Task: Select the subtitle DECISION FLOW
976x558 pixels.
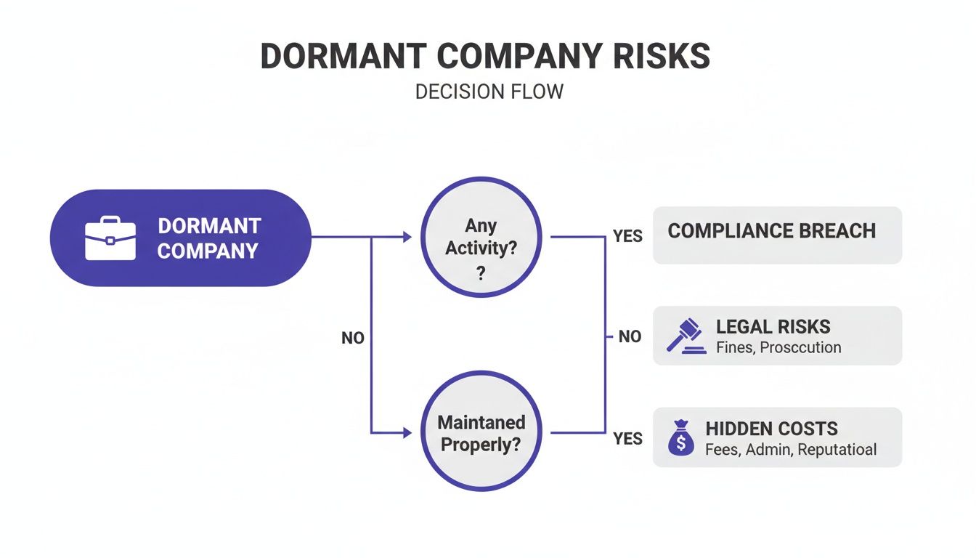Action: pyautogui.click(x=489, y=93)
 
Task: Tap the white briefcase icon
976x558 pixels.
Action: pyautogui.click(x=110, y=238)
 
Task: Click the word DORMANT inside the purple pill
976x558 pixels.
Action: pyautogui.click(x=209, y=225)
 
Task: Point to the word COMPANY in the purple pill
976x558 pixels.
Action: pyautogui.click(x=208, y=251)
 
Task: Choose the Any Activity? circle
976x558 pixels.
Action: pyautogui.click(x=481, y=237)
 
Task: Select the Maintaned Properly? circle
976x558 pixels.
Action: pyautogui.click(x=481, y=432)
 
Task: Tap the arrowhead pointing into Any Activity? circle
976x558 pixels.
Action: pyautogui.click(x=407, y=237)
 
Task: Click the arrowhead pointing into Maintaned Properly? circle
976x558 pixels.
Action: pyautogui.click(x=407, y=433)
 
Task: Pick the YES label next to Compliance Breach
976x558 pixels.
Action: pyautogui.click(x=627, y=237)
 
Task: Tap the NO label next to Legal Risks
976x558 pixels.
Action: pyautogui.click(x=630, y=337)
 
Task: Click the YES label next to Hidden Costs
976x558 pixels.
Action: pyautogui.click(x=627, y=439)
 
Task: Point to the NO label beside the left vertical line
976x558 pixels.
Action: pyautogui.click(x=352, y=339)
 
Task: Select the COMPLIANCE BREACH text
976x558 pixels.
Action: pyautogui.click(x=771, y=232)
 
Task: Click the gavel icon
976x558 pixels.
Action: pyautogui.click(x=686, y=336)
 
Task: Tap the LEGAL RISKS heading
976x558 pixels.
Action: pyautogui.click(x=773, y=327)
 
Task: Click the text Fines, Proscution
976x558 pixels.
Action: pyautogui.click(x=778, y=348)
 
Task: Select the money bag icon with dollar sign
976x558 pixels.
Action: pyautogui.click(x=680, y=437)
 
